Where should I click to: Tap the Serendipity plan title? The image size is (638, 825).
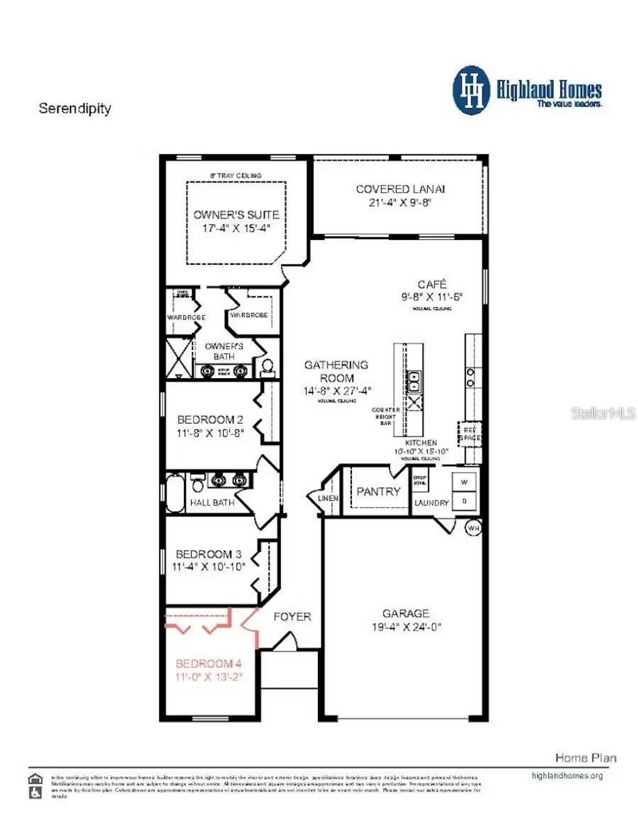75,108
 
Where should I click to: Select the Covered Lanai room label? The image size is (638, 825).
400,189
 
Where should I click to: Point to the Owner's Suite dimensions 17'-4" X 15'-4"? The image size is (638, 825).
236,228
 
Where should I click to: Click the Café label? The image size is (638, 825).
432,284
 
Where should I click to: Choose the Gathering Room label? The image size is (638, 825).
336,371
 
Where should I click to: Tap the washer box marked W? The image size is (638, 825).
464,482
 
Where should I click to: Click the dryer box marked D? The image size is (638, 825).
464,500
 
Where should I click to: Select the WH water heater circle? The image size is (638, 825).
474,528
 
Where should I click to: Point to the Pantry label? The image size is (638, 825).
378,492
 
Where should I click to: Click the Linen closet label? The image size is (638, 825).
328,498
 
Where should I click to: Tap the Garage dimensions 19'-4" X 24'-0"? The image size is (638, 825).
406,627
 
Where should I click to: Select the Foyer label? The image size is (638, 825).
292,617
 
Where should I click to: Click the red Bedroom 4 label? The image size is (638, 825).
208,664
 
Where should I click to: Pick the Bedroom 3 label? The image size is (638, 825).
208,554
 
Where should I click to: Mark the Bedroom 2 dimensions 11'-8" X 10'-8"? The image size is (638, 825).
210,433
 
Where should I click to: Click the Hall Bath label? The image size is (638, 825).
212,502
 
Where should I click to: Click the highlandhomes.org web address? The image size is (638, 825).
567,776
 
